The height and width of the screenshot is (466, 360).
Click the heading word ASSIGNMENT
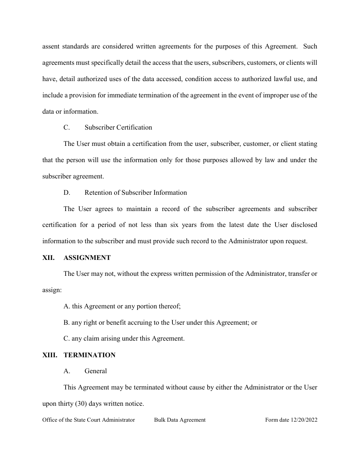tap(87, 258)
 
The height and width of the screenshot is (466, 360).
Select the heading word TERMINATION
tap(89, 355)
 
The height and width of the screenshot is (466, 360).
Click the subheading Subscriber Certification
tap(118, 127)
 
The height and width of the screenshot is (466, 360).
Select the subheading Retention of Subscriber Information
tap(136, 192)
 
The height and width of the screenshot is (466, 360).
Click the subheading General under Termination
tap(95, 371)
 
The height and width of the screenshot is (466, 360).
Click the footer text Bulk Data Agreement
tap(180, 420)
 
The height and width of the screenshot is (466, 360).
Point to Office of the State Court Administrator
tap(89, 420)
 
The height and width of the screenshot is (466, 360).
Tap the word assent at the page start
tap(51, 47)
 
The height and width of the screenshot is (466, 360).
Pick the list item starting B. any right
tap(160, 322)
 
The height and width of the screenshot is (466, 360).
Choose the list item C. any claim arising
tap(124, 339)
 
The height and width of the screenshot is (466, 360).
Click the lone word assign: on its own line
tap(52, 290)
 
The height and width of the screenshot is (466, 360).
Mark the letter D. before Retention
tap(67, 192)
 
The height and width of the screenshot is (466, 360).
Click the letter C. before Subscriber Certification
tap(67, 127)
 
